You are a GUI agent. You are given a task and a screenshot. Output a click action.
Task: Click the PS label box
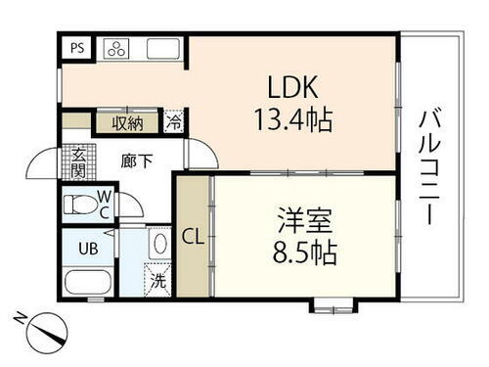pyautogui.click(x=77, y=48)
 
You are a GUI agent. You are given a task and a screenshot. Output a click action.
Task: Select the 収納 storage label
pyautogui.click(x=127, y=122)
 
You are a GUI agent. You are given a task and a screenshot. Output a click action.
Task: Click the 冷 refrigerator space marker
pyautogui.click(x=173, y=123)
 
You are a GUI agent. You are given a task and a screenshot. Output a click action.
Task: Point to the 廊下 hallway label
pyautogui.click(x=137, y=160)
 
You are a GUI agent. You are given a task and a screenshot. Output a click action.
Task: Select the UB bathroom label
pyautogui.click(x=87, y=248)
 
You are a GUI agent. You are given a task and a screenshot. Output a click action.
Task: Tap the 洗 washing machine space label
pyautogui.click(x=158, y=281)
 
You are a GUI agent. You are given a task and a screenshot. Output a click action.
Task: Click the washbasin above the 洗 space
pyautogui.click(x=159, y=244)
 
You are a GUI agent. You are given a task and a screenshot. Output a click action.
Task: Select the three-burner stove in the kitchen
pyautogui.click(x=114, y=48)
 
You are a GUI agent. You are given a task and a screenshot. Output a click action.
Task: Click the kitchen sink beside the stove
pyautogui.click(x=161, y=48)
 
